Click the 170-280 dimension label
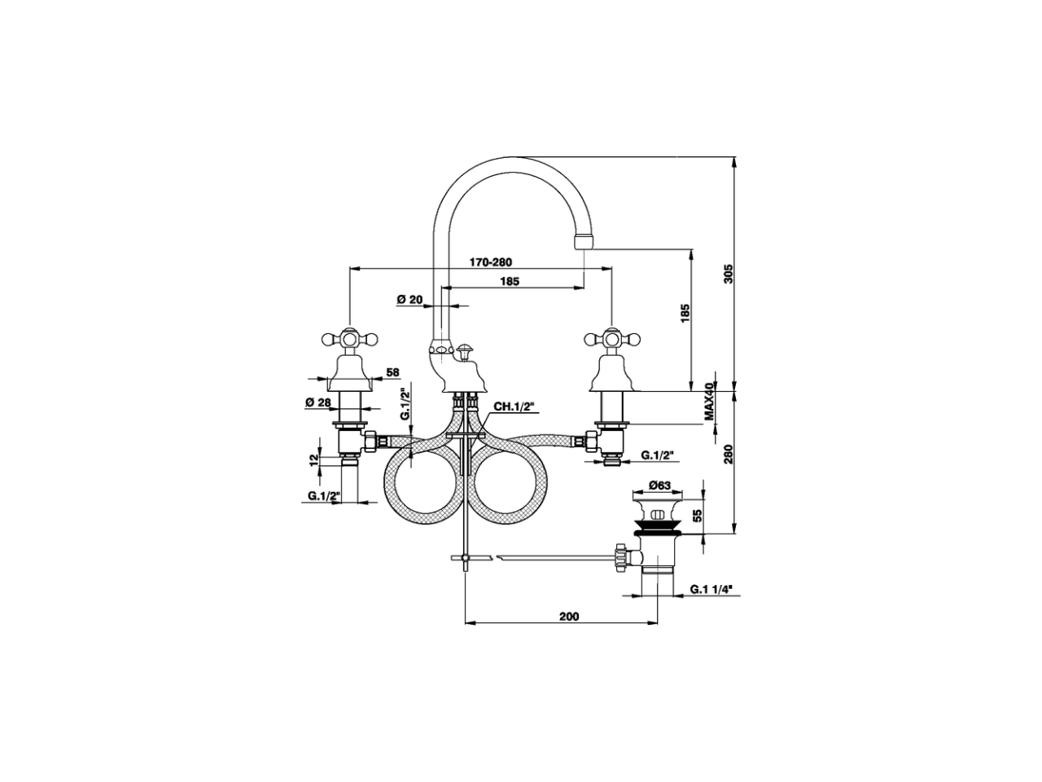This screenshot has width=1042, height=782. tap(490, 262)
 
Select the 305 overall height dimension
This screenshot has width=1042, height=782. tap(729, 274)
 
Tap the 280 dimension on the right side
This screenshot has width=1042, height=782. tap(729, 453)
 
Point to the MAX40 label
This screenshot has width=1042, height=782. tap(709, 402)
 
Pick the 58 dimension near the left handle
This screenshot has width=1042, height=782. tap(392, 372)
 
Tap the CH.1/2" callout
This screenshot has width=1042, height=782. tap(514, 406)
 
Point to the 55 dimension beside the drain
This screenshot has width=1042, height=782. tap(698, 516)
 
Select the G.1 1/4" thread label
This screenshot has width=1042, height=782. tap(710, 589)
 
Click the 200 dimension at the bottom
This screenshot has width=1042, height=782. tap(569, 617)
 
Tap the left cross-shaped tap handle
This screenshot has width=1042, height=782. tap(349, 336)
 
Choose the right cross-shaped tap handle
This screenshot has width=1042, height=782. tap(611, 336)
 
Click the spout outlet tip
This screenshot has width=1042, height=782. tap(583, 241)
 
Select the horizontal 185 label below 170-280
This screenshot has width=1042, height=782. tap(510, 281)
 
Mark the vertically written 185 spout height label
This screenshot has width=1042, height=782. tap(685, 314)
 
